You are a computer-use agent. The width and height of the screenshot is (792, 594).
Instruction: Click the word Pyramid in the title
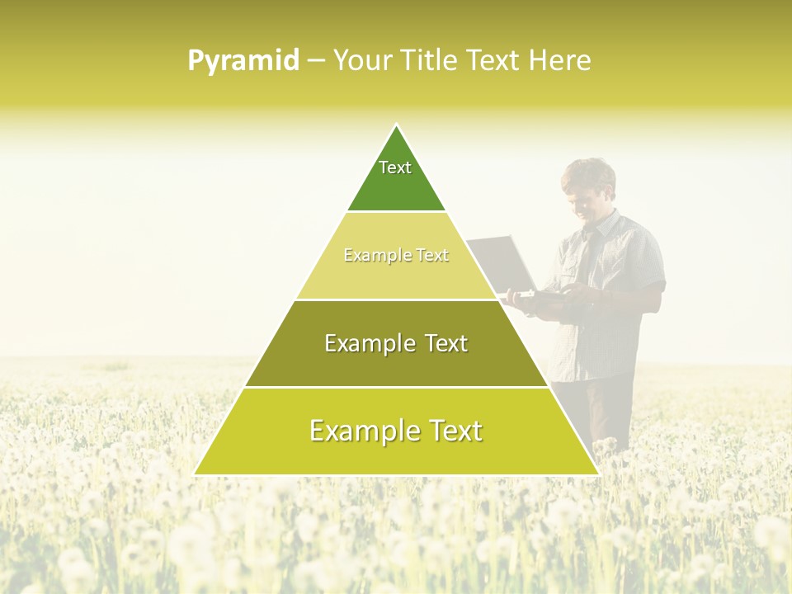[x=243, y=61]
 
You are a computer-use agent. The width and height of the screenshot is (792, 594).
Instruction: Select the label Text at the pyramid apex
[x=395, y=167]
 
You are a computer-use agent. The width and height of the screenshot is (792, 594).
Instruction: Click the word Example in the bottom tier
[x=359, y=431]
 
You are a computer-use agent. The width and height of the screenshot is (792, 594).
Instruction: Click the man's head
[x=588, y=186]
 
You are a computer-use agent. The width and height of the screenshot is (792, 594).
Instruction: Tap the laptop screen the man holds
[x=503, y=264]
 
